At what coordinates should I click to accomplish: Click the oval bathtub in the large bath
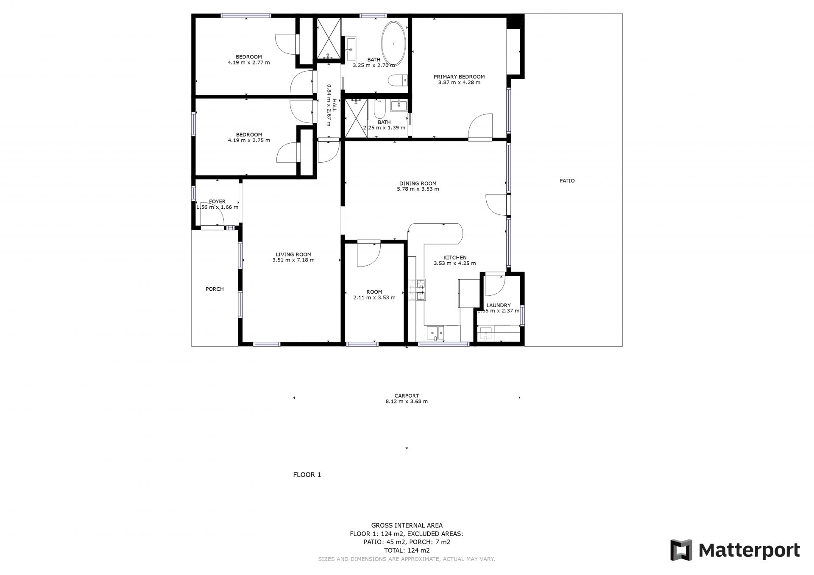coord(394,43)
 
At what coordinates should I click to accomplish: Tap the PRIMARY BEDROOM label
coord(459,77)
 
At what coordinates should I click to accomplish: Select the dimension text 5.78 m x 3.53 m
coord(418,189)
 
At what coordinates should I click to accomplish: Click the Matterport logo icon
coord(681,550)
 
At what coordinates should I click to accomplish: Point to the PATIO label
coord(567,181)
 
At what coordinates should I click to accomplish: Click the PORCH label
coord(215,289)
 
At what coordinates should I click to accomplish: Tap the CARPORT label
coord(407,396)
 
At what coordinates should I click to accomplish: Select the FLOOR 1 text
coord(307,475)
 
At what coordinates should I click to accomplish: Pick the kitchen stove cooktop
coord(417,290)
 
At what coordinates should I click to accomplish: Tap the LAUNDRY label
coord(498,305)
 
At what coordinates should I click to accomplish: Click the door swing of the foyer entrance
coord(213,219)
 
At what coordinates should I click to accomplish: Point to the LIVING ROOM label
coord(293,255)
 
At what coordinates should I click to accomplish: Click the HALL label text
coord(334,106)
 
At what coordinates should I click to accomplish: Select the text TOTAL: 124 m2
coord(407,550)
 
